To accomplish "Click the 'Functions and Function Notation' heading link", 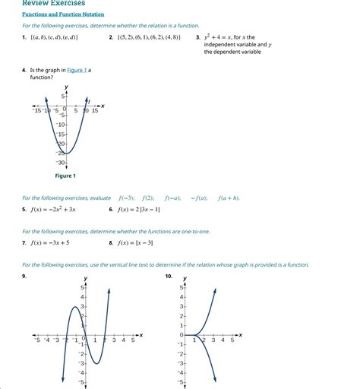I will click(x=63, y=14).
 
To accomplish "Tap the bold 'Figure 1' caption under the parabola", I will click(x=65, y=176).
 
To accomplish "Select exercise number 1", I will click(x=24, y=36).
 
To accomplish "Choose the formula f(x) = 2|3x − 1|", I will click(x=138, y=209).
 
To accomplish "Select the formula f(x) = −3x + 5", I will click(x=50, y=243).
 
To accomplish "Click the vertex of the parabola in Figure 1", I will click(x=66, y=153).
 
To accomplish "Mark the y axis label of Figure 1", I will click(x=66, y=87).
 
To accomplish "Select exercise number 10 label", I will click(x=169, y=277).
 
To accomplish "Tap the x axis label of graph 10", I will click(x=241, y=334).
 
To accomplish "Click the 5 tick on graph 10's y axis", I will click(x=182, y=288).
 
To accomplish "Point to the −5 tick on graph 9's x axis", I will click(x=37, y=340).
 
